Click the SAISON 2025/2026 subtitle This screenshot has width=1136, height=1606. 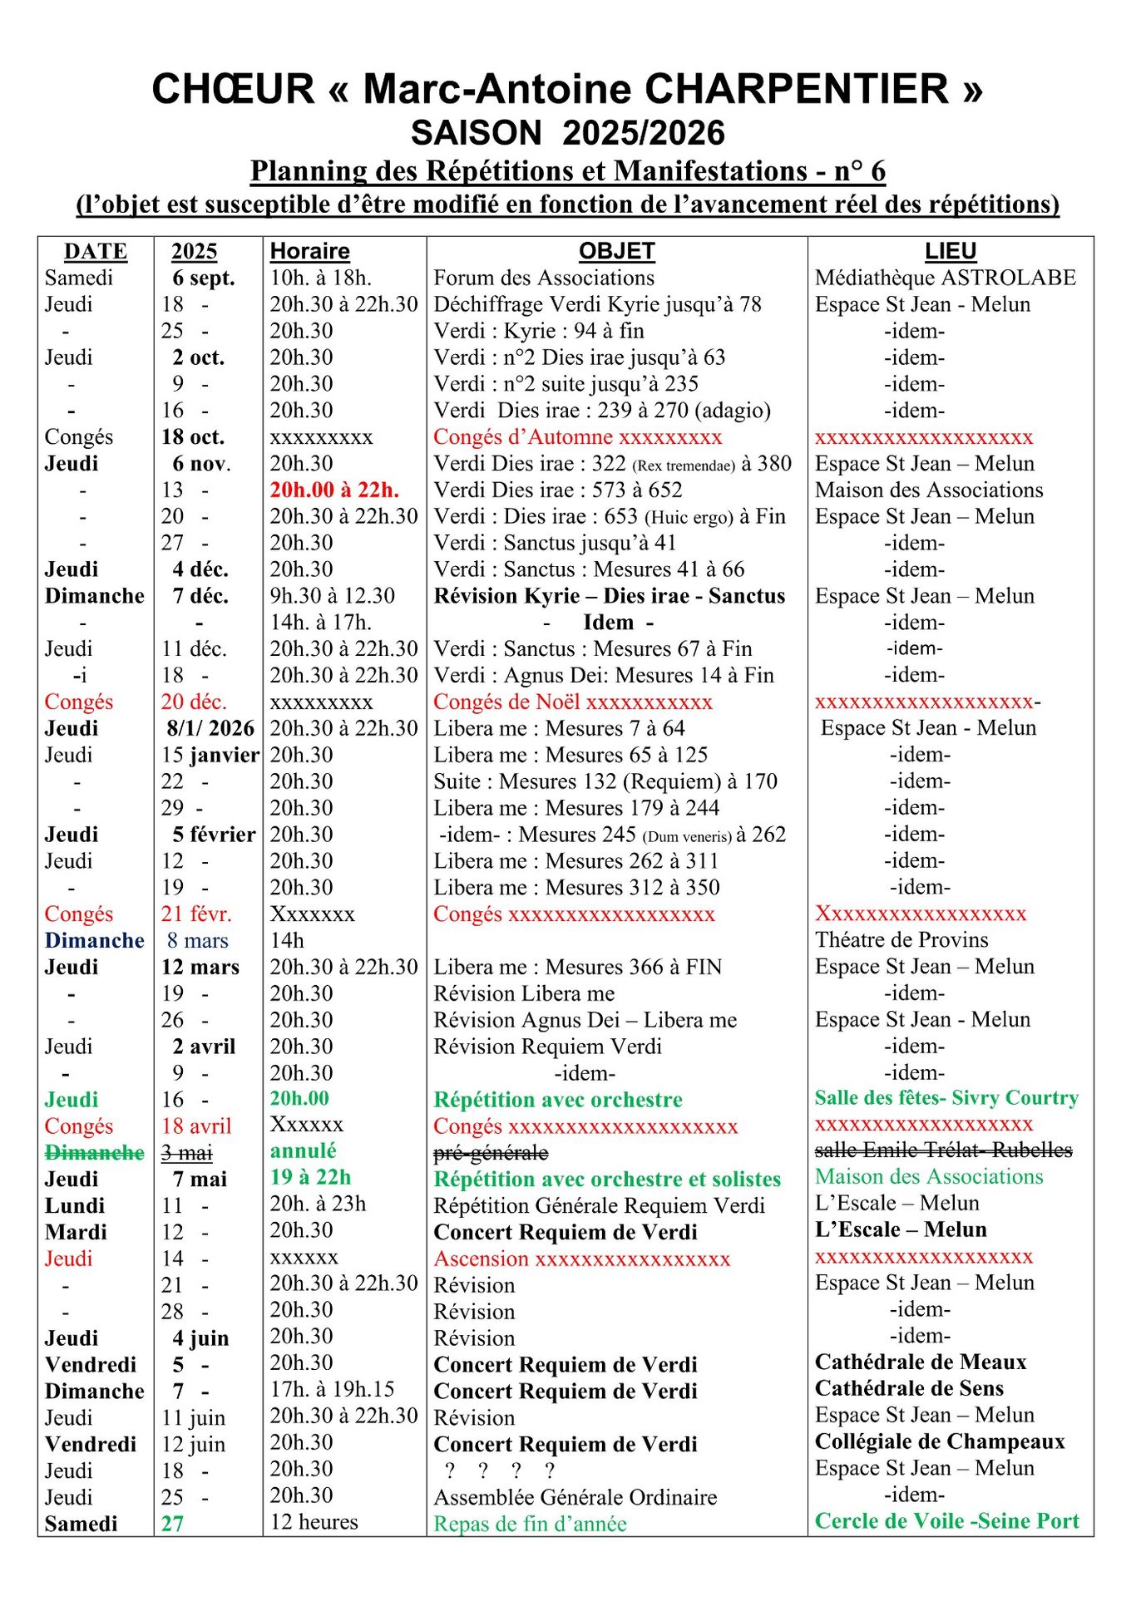tap(568, 133)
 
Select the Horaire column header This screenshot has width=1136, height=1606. tap(309, 251)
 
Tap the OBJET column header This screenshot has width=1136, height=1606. tap(616, 251)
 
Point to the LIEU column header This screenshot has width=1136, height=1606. tap(950, 251)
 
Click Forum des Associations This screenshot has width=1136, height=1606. tap(544, 278)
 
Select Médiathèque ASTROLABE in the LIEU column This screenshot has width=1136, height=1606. tap(945, 278)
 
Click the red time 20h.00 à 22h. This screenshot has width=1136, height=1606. tap(334, 490)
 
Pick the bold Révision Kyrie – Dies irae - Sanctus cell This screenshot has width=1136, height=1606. tap(609, 596)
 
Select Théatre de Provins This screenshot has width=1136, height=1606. tap(901, 940)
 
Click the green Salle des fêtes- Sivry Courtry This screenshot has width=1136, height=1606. tap(946, 1098)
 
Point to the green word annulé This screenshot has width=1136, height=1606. tap(303, 1151)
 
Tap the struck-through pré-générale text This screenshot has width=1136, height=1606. tap(491, 1153)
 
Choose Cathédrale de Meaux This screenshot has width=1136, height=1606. tap(921, 1362)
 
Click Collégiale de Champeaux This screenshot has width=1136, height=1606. tap(940, 1442)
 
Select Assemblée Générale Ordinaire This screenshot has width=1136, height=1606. tap(575, 1498)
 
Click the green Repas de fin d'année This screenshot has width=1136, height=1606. tap(530, 1525)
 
